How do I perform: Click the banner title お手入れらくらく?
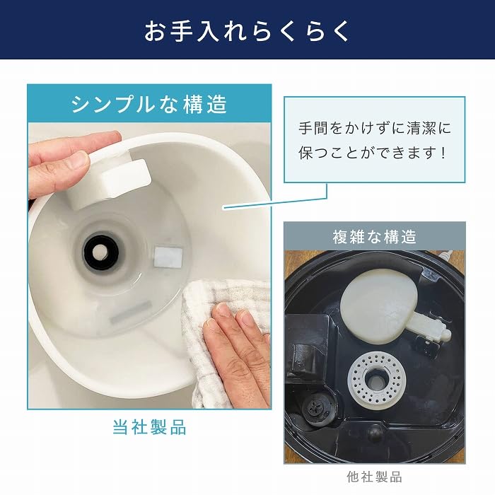(247, 31)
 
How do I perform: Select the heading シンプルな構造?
(149, 105)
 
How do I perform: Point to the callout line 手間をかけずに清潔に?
(374, 129)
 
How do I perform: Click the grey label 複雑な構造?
(375, 235)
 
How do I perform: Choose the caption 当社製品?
(149, 427)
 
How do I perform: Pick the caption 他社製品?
(375, 476)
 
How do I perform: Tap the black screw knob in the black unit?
(316, 408)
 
